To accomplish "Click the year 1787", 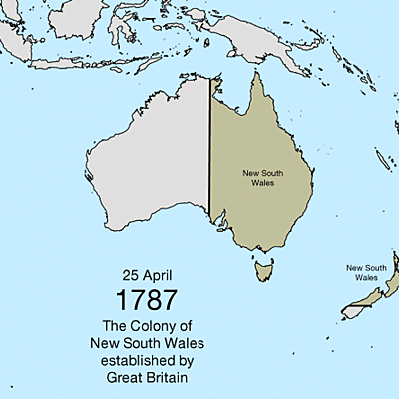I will pyautogui.click(x=147, y=300).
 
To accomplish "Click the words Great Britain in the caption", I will pyautogui.click(x=147, y=378).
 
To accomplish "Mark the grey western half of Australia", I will pyautogui.click(x=150, y=170).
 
